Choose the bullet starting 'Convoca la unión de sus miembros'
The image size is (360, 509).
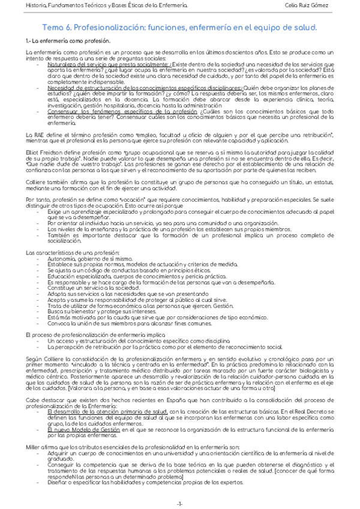(110, 323)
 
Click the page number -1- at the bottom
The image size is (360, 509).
(180, 502)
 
